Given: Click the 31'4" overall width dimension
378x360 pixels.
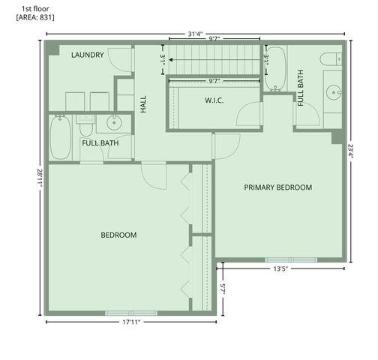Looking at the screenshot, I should coord(196,33).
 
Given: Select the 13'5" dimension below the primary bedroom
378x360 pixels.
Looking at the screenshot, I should coord(280,268).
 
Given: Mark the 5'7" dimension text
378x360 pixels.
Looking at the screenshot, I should coord(222,288).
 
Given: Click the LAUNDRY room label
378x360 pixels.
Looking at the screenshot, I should coord(87,55).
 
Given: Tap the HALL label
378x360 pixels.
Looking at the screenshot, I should coord(143,103).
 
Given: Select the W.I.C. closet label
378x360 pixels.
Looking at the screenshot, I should coord(216,100).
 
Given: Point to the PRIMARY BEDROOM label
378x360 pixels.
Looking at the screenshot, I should coord(277,187).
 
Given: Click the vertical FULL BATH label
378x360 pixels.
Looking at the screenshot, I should coord(301,88).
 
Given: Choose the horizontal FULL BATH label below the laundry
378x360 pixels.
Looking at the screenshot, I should coord(100,143).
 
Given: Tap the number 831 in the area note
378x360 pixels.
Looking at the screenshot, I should coord(43,16).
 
